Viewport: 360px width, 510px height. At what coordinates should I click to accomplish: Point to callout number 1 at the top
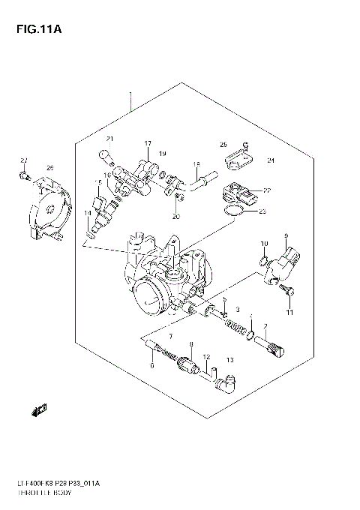pyautogui.click(x=130, y=95)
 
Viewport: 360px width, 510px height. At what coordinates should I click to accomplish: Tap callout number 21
pyautogui.click(x=109, y=139)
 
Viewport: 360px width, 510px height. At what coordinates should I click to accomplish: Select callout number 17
pyautogui.click(x=148, y=143)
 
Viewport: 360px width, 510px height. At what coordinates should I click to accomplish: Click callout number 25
pyautogui.click(x=223, y=145)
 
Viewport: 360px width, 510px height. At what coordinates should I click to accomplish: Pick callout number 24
pyautogui.click(x=271, y=160)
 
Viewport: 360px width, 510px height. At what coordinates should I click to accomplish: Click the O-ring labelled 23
pyautogui.click(x=232, y=215)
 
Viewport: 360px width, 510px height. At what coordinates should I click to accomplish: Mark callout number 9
pyautogui.click(x=286, y=236)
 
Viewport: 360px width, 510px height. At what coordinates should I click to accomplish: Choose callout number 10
pyautogui.click(x=264, y=244)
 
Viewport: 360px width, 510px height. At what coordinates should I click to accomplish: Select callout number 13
pyautogui.click(x=230, y=360)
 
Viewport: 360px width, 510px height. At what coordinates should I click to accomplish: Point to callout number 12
pyautogui.click(x=205, y=358)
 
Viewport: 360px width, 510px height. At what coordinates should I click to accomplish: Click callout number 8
pyautogui.click(x=191, y=344)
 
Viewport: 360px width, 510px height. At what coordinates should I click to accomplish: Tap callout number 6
pyautogui.click(x=151, y=365)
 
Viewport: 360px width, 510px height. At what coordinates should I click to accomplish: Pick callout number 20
pyautogui.click(x=176, y=217)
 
